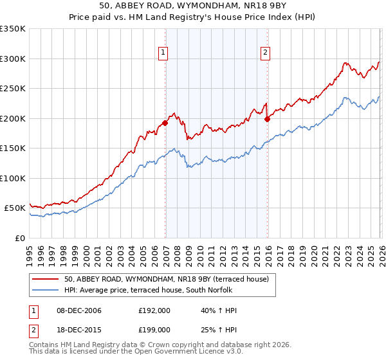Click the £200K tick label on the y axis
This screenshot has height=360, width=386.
[12, 118]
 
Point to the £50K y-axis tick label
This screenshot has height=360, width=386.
[14, 208]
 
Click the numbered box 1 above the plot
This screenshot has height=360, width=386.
[163, 53]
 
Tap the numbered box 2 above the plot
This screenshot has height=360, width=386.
[265, 53]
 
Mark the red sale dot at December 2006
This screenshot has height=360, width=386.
[165, 123]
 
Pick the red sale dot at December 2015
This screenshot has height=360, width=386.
[268, 119]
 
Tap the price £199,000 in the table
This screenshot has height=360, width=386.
[154, 329]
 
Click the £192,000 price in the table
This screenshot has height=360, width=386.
[154, 310]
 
